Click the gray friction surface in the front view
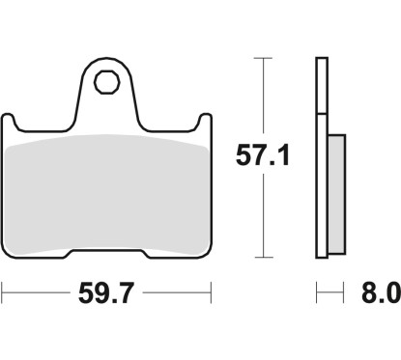pyautogui.click(x=106, y=193)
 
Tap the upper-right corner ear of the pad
pyautogui.click(x=204, y=122)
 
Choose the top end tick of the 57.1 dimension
pyautogui.click(x=258, y=58)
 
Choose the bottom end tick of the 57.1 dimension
pyautogui.click(x=258, y=258)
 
